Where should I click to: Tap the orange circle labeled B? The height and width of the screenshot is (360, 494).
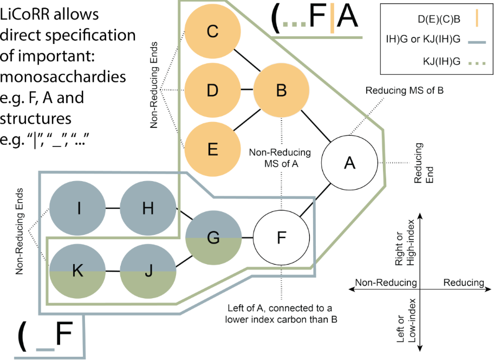281,89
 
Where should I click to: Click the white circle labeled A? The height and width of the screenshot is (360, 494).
349,162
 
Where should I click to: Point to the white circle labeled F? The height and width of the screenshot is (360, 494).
281,237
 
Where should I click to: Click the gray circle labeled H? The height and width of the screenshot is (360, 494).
147,208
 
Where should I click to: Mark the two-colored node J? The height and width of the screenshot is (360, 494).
147,271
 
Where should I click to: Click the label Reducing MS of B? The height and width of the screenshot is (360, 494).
404,89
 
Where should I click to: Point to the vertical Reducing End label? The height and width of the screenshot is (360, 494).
422,163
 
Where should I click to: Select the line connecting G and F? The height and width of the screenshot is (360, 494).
246,237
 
